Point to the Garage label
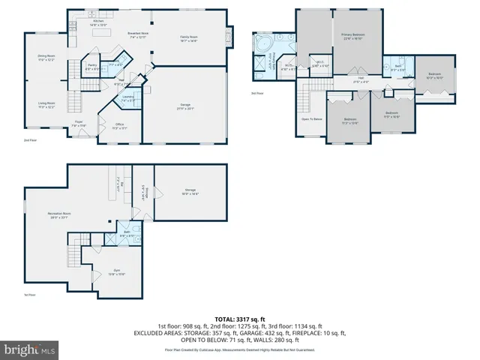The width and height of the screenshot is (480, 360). (185, 107)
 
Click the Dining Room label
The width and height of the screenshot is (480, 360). (46, 57)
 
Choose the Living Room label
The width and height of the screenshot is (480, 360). (46, 105)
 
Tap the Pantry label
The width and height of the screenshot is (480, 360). (91, 66)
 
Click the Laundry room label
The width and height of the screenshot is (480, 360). (128, 97)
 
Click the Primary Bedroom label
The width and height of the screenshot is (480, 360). (352, 35)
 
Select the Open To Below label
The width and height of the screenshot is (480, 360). (312, 119)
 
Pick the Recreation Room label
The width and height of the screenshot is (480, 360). (58, 214)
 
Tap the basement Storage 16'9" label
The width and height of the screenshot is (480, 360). (190, 192)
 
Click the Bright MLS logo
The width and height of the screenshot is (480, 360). (28, 349)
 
